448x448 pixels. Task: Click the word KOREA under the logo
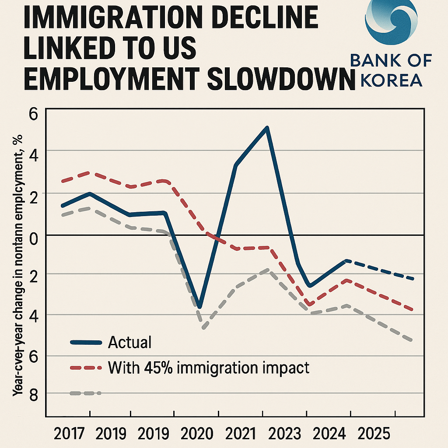coord(392,80)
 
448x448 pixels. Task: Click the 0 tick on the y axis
coord(34,236)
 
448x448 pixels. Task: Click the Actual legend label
coord(129,343)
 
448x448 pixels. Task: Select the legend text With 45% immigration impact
coord(208,367)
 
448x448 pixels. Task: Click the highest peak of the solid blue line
coord(267,128)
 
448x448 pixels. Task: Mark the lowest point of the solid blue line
coord(199,307)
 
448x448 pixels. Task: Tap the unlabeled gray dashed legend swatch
coord(85,393)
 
